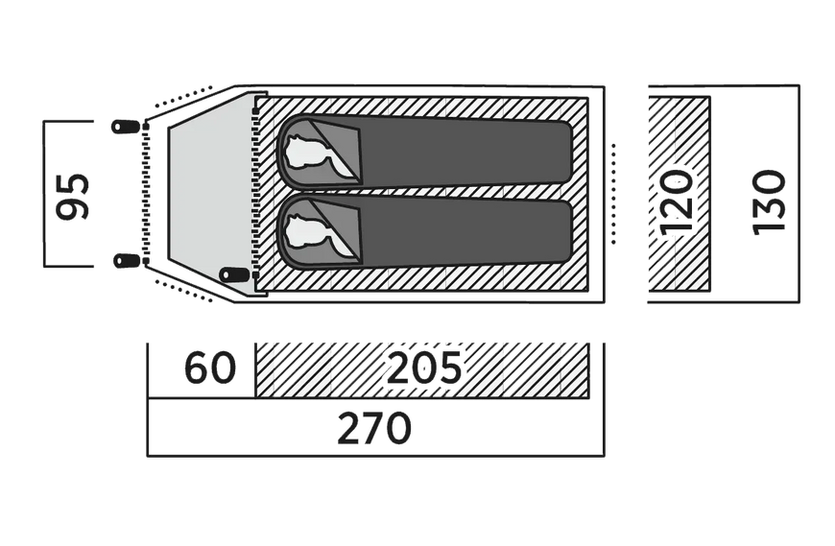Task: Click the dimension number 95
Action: point(73,195)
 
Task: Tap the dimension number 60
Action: point(210,368)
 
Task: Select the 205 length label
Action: point(424,368)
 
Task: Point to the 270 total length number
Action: point(374,428)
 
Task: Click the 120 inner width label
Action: point(677,202)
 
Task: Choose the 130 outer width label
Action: point(769,202)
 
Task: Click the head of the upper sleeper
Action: point(303,151)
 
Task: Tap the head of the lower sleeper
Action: point(303,231)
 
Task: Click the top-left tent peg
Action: point(126,127)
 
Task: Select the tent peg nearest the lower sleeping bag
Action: point(234,274)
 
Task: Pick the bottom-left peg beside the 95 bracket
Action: point(127,261)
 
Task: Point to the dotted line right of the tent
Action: point(613,194)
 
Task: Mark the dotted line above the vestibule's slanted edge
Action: point(181,97)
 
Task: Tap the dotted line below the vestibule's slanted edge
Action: point(184,291)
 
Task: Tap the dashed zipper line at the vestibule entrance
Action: point(146,194)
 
